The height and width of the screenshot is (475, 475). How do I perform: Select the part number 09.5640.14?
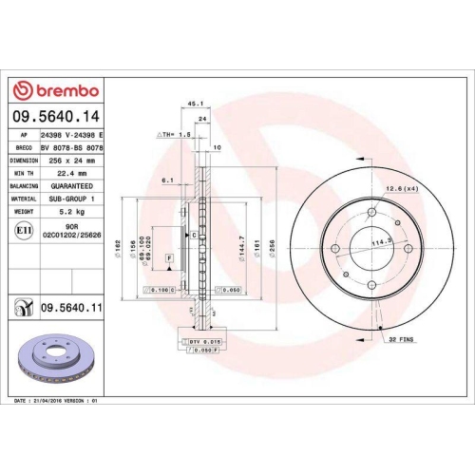coord(55,117)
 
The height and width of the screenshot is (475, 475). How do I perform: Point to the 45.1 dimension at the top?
coord(195,104)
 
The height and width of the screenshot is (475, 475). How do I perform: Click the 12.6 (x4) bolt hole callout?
coord(401,188)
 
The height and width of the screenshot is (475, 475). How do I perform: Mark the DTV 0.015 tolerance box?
coord(207,340)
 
